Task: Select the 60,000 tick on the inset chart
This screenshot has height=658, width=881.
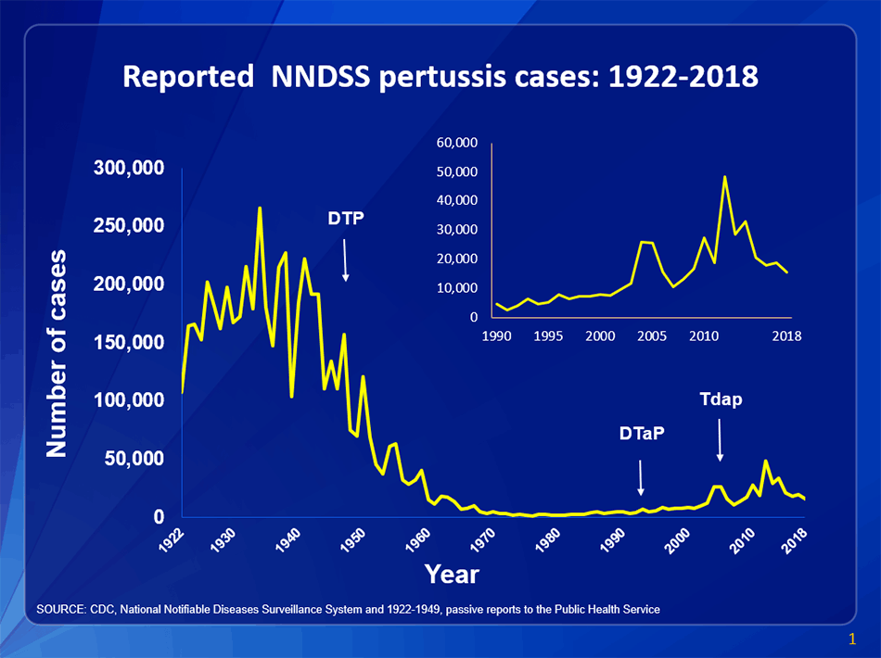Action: pyautogui.click(x=454, y=143)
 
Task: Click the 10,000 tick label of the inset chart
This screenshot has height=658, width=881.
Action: pyautogui.click(x=454, y=288)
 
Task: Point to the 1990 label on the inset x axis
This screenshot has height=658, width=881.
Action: pyautogui.click(x=498, y=335)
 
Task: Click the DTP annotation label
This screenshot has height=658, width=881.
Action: pyautogui.click(x=346, y=219)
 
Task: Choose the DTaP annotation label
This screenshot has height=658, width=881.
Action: pyautogui.click(x=642, y=433)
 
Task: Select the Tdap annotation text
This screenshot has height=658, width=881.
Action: pyautogui.click(x=721, y=399)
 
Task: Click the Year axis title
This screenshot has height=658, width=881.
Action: pyautogui.click(x=452, y=575)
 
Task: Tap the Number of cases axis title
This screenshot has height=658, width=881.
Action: pyautogui.click(x=57, y=353)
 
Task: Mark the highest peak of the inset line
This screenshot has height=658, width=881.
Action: pyautogui.click(x=725, y=176)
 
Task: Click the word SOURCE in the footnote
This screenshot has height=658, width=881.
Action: pyautogui.click(x=58, y=609)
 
